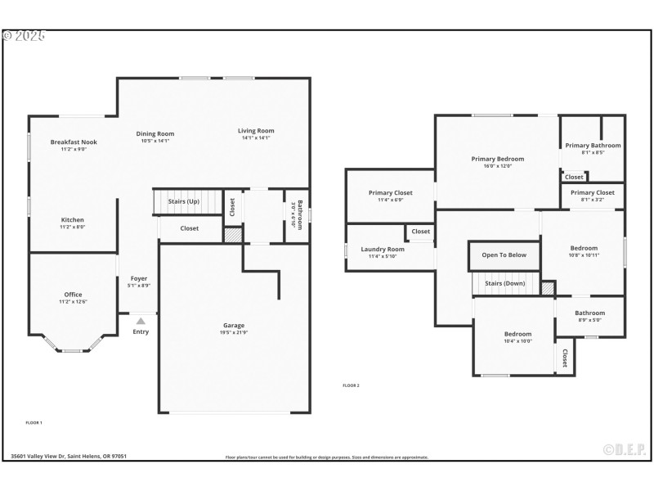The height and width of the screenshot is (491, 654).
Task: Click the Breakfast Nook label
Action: coord(73,142)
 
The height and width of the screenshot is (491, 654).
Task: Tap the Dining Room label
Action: coord(155,134)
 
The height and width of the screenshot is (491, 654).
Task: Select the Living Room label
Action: coord(256,131)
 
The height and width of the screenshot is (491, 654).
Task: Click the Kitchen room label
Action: coord(73,220)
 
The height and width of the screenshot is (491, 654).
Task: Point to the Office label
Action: coord(73,295)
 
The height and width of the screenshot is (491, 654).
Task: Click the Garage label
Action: coord(234,325)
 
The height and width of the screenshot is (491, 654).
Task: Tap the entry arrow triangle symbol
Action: coord(141,322)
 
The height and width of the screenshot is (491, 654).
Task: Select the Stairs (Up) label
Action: coord(183,201)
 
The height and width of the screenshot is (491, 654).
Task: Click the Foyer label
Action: coord(139,278)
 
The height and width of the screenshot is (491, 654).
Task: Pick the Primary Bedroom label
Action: coord(497,159)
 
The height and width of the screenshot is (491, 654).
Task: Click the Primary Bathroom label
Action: coord(593,146)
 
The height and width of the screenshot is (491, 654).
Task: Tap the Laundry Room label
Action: coord(383,250)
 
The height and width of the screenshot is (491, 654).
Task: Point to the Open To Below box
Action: coord(504,255)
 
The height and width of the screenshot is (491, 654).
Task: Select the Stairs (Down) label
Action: coord(504,283)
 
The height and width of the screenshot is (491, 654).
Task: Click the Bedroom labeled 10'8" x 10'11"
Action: coord(584,248)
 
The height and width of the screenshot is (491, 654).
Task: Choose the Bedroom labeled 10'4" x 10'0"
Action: coord(517,334)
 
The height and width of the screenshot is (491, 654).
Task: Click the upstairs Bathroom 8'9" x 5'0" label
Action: coord(589,313)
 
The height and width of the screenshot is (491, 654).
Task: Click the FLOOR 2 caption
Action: coord(351,385)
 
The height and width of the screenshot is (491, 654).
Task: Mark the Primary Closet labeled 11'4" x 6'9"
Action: coord(390,193)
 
